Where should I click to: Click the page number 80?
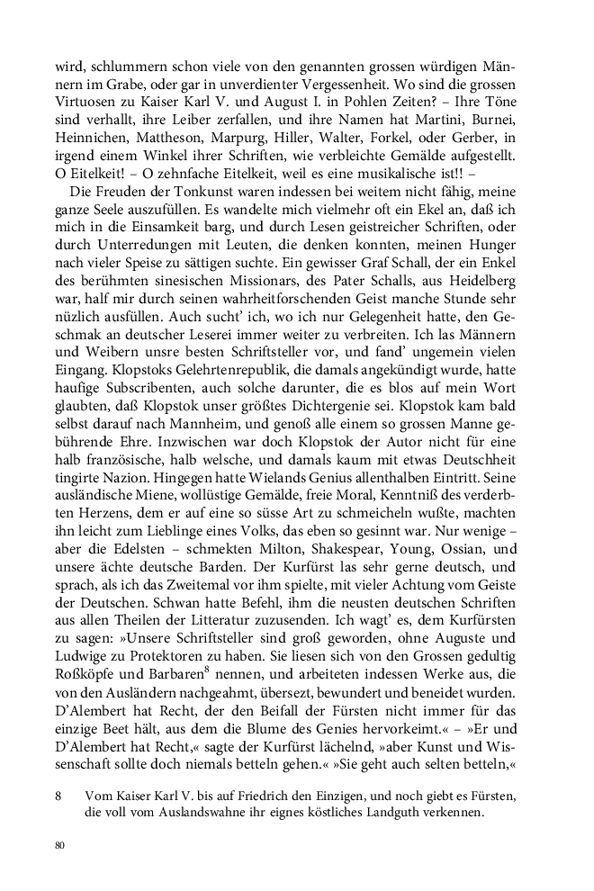[x=59, y=845]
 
